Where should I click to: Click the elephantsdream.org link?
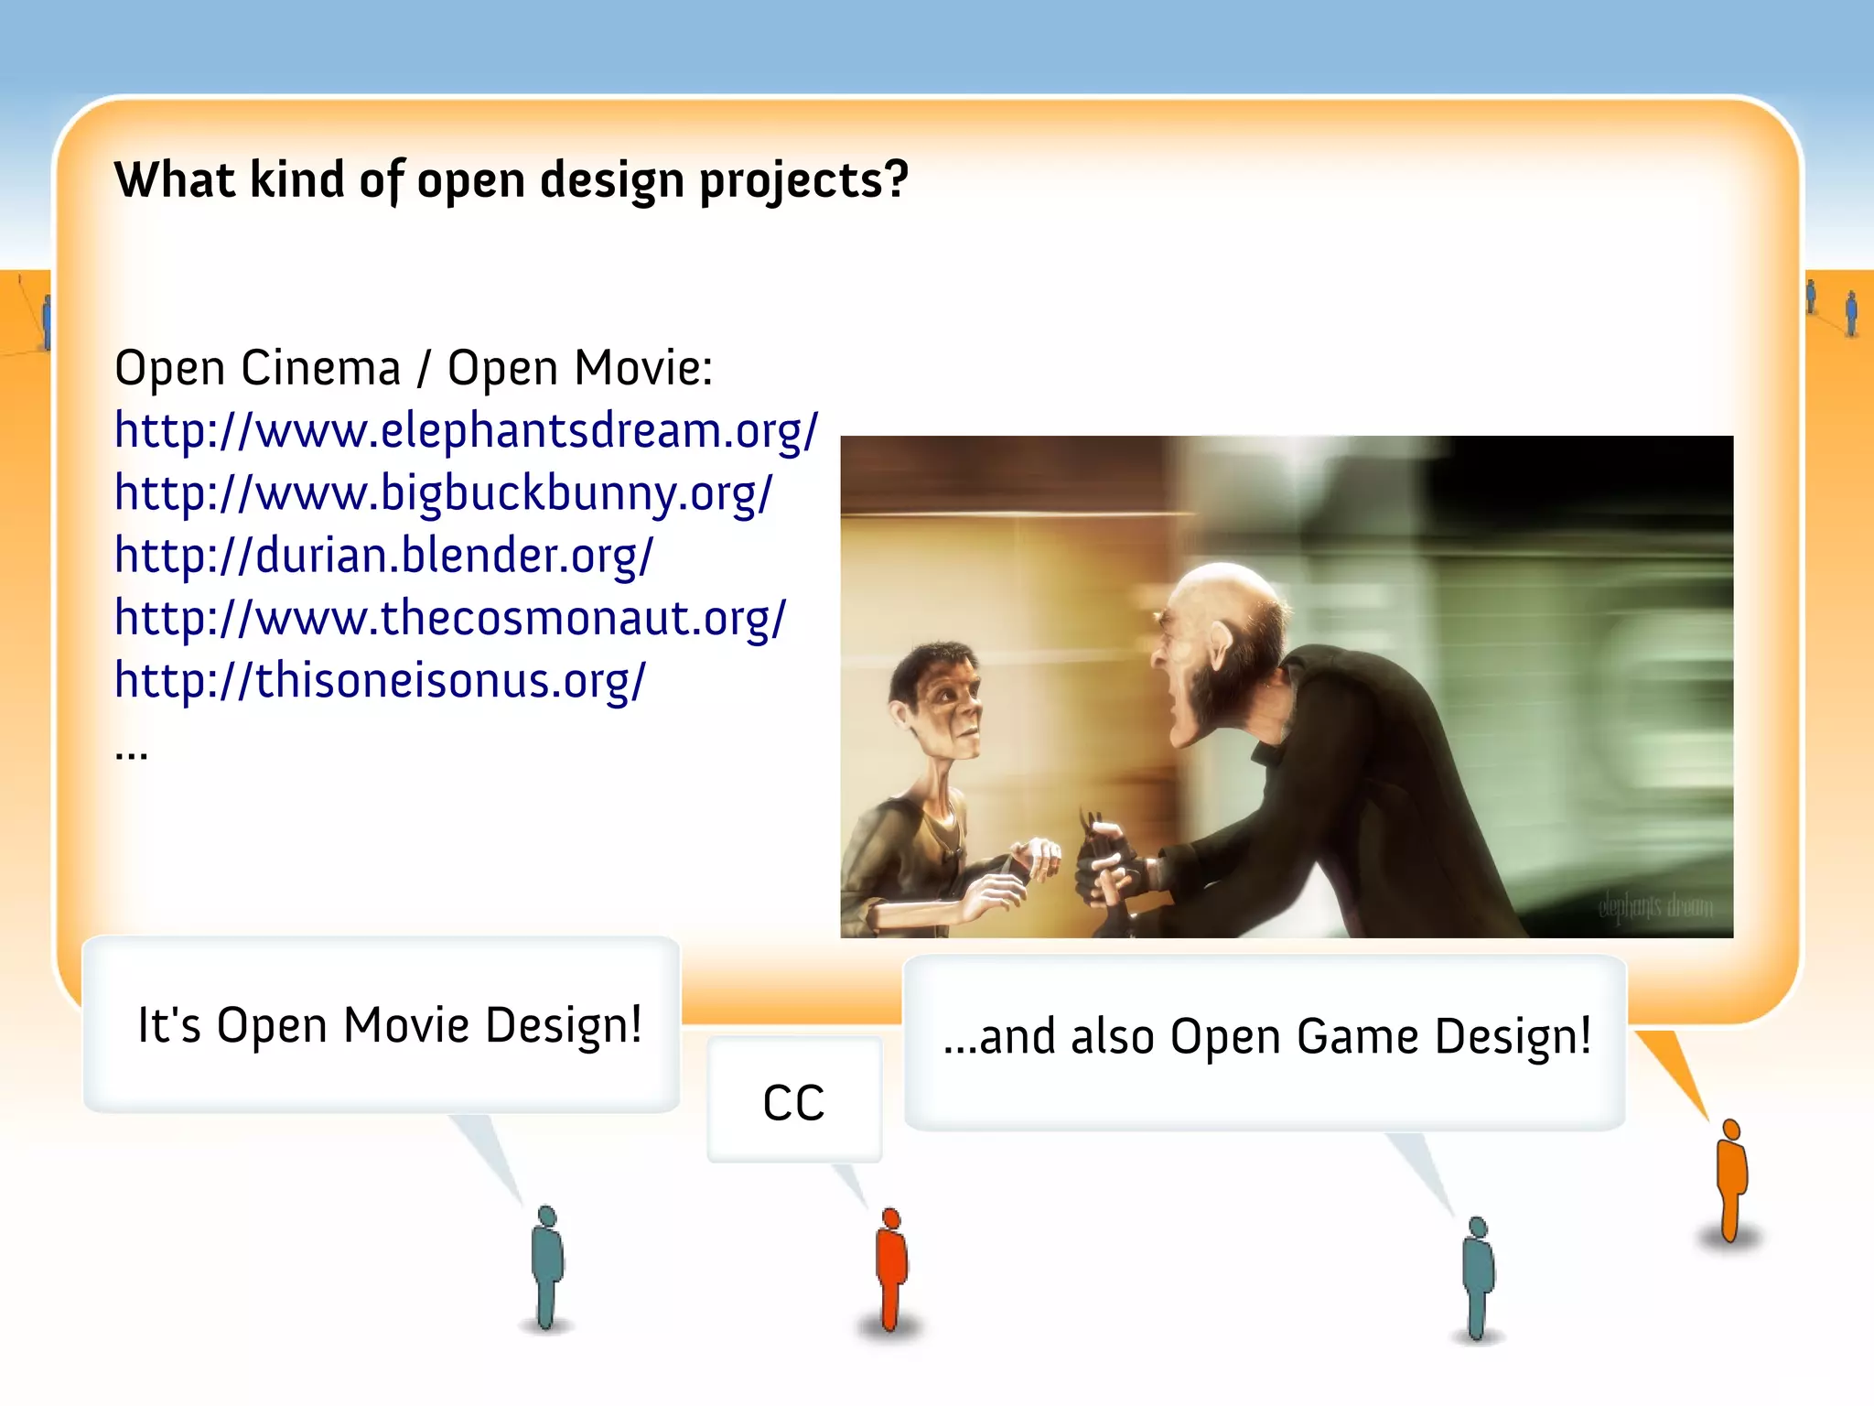click(x=466, y=430)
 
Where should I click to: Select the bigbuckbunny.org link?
click(x=444, y=493)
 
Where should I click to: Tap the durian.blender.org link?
click(x=383, y=556)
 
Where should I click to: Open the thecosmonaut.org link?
click(x=450, y=618)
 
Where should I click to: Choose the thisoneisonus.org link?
click(x=380, y=680)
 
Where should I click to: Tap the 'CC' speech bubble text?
click(x=793, y=1102)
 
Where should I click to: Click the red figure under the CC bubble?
click(x=890, y=1268)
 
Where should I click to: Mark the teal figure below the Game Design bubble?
click(x=1478, y=1277)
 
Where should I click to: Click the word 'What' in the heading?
click(x=175, y=179)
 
